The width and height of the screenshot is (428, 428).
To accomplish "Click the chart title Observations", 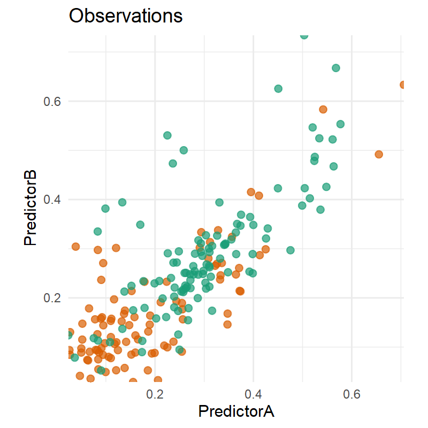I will click(x=126, y=16).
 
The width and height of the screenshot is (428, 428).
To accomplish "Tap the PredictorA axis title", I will click(x=236, y=411).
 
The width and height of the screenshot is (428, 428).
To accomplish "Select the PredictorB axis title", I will click(x=30, y=208).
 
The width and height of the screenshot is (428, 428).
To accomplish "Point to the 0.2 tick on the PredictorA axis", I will click(x=155, y=395).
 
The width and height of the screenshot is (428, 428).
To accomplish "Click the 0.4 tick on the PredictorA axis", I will click(x=253, y=395).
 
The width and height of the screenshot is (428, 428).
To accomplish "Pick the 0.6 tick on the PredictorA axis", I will click(x=351, y=395).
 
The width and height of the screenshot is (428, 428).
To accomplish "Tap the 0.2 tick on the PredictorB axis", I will click(x=52, y=297).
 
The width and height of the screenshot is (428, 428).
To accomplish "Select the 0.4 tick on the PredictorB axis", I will click(x=52, y=200).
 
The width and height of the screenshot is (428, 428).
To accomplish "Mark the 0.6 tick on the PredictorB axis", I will click(x=52, y=101).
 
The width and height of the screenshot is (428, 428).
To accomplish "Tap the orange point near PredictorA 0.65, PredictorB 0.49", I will click(x=379, y=154).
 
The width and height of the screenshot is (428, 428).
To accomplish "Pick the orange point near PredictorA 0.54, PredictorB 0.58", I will click(x=323, y=109).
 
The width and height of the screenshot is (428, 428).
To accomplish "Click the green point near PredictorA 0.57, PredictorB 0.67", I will click(x=336, y=68).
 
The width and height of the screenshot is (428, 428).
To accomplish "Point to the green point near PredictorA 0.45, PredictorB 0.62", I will click(x=278, y=88).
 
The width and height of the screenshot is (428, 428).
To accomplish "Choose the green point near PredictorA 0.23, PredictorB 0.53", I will click(x=167, y=135).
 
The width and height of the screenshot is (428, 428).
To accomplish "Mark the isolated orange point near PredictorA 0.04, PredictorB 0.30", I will click(x=75, y=247).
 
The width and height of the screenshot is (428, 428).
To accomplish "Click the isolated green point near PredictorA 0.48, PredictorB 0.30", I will click(x=291, y=250).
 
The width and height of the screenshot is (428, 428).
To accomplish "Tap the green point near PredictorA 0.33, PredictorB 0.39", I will click(x=219, y=202).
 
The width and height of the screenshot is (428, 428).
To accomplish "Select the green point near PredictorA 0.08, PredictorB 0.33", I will click(x=97, y=231).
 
